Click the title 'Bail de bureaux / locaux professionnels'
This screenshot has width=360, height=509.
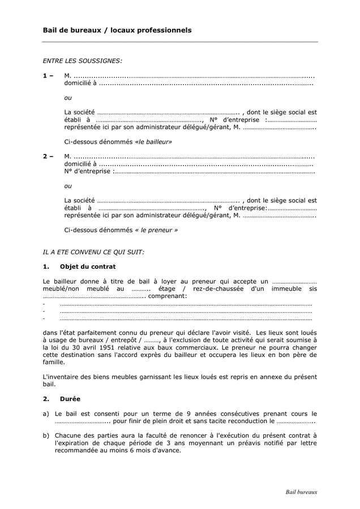117,30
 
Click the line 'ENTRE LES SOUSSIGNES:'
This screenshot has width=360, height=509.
82,59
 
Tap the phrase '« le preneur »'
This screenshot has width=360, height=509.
156,230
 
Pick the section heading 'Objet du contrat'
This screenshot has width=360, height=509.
88,266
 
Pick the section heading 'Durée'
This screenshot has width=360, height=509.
70,399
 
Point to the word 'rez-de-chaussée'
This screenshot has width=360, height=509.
217,288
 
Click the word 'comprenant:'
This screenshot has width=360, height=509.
168,296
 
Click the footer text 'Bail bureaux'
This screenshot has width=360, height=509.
301,492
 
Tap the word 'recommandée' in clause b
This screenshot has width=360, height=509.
76,450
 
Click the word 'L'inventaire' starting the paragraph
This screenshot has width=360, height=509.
60,377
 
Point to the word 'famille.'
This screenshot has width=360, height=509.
54,362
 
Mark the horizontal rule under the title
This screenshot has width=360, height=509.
180,42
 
